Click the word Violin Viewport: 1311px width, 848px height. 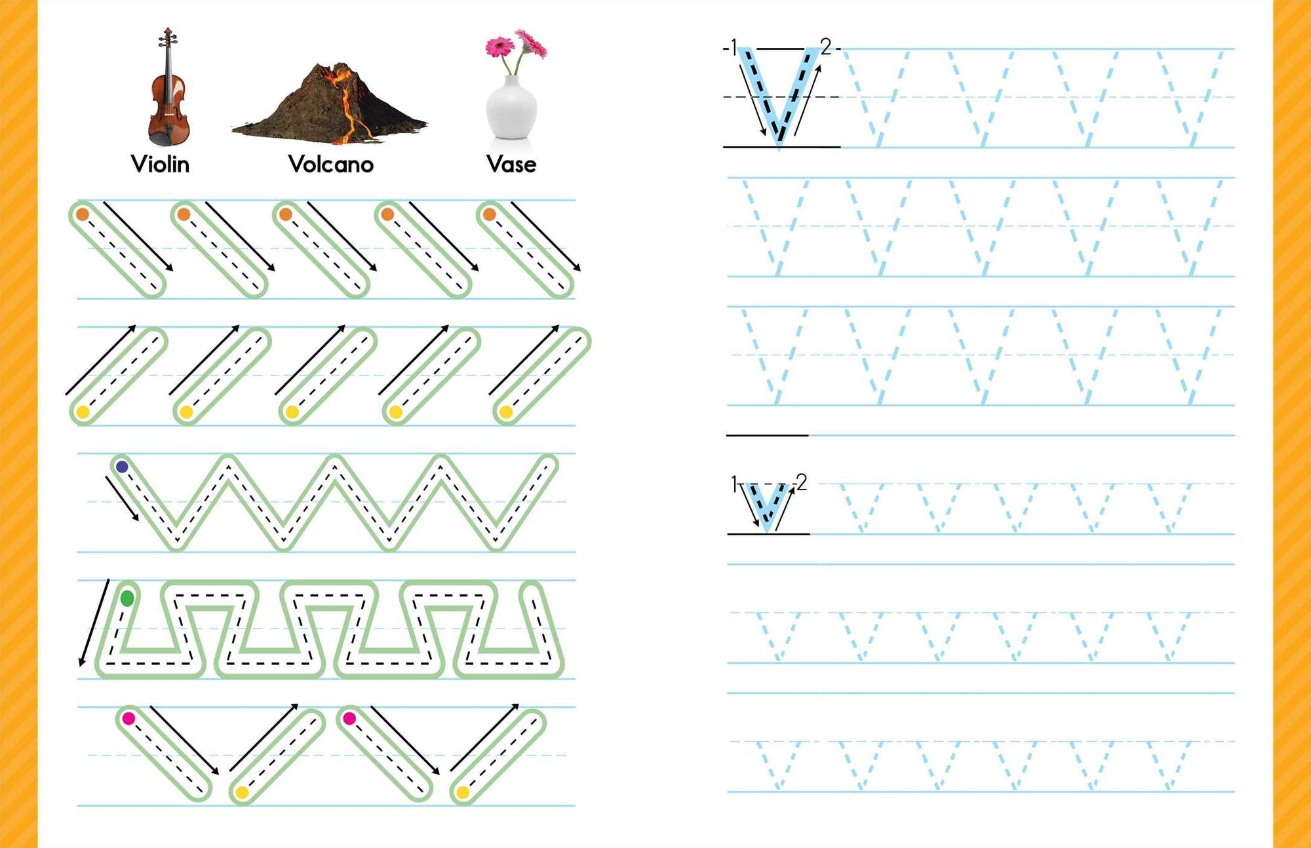coord(160,164)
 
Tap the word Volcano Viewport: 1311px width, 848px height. coord(331,164)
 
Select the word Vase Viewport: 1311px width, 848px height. coord(511,164)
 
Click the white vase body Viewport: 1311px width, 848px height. coord(511,108)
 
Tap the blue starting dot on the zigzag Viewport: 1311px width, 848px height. coord(122,467)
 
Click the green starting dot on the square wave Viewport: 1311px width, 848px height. coord(127,598)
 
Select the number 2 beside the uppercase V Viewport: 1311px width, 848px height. coord(826,46)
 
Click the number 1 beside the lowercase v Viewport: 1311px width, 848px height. coord(734,484)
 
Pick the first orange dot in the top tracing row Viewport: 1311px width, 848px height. coord(83,214)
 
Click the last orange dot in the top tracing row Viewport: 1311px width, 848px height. coord(489,214)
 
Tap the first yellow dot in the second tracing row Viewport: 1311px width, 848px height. coord(83,412)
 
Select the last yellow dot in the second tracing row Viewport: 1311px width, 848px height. coord(506,412)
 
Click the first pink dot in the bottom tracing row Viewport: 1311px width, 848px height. coord(128,718)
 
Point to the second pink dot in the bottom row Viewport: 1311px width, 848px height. coord(349,718)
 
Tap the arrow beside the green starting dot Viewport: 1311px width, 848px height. coord(94,623)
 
